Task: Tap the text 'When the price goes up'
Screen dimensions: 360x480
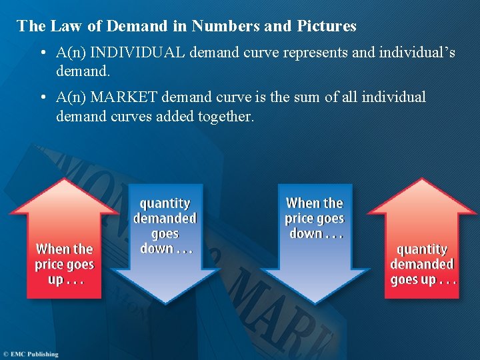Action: click(x=64, y=264)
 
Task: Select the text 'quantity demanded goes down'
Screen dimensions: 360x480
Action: click(x=165, y=225)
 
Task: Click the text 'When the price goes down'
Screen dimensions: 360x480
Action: click(x=314, y=218)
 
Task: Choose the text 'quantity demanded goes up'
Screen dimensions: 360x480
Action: click(x=423, y=264)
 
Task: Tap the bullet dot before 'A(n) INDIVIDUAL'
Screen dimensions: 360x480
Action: click(x=42, y=53)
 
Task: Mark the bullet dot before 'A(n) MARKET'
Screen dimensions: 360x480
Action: click(x=42, y=98)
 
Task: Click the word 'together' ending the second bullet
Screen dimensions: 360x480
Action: click(x=225, y=117)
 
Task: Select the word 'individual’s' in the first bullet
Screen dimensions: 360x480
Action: click(x=417, y=52)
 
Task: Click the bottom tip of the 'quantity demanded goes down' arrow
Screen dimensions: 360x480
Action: click(x=165, y=305)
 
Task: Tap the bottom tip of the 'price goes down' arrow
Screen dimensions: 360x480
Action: click(x=314, y=305)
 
